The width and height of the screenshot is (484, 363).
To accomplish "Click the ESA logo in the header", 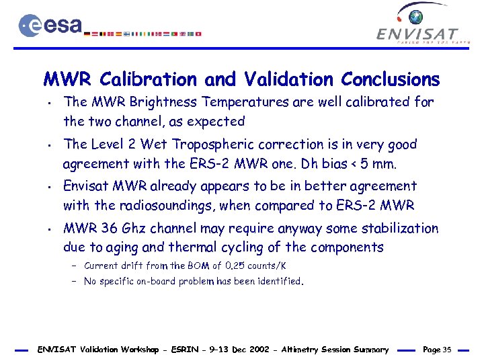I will click(50, 26).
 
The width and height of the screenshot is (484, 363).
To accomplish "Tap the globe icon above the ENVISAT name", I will click(417, 16).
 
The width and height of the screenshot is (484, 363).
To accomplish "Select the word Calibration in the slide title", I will click(149, 80).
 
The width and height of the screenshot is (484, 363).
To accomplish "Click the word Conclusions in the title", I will click(390, 80).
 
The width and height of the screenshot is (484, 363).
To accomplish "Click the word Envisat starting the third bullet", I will click(85, 186).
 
